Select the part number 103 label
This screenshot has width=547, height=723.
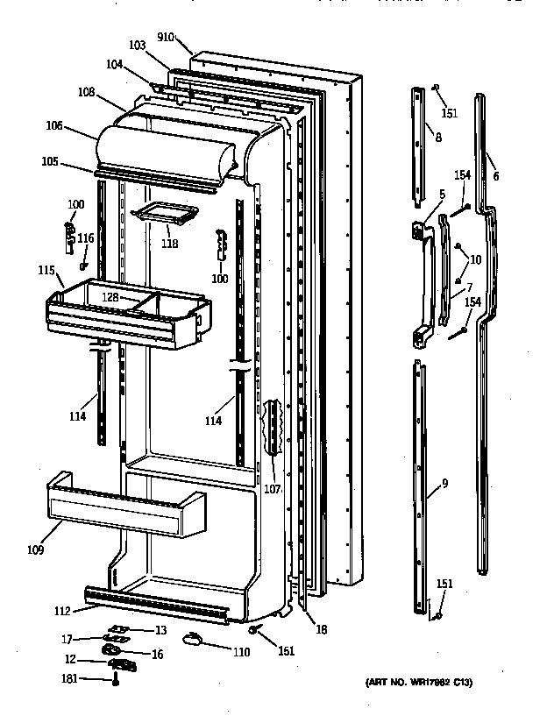[x=137, y=45]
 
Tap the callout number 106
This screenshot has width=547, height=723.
[x=54, y=125]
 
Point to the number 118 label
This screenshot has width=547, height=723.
[x=169, y=244]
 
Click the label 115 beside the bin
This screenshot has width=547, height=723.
[x=46, y=272]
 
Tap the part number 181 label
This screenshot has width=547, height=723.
[x=67, y=678]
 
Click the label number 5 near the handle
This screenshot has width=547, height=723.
[x=442, y=195]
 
